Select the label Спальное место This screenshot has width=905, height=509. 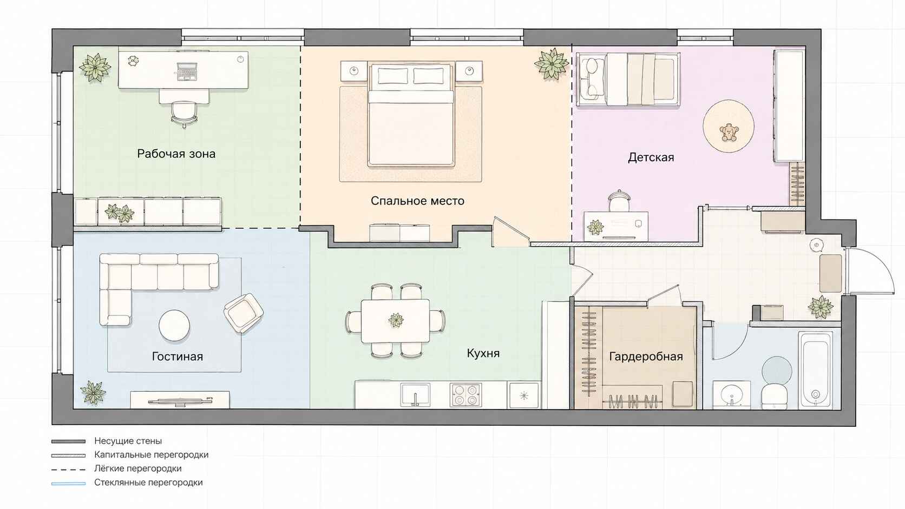(417, 201)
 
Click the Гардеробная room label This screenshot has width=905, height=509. (646, 356)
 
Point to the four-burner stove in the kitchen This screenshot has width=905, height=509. (466, 394)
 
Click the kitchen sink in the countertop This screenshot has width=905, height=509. (415, 394)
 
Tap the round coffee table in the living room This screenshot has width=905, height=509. (174, 325)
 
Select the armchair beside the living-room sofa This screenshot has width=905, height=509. (243, 313)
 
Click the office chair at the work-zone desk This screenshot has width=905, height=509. (184, 114)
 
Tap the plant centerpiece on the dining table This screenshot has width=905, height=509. (396, 320)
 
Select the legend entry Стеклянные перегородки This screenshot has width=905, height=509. (148, 482)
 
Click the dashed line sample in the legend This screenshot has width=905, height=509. (68, 470)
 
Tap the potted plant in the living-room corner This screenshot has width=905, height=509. (93, 392)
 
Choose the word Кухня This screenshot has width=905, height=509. (483, 353)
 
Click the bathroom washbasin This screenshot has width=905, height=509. (732, 394)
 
